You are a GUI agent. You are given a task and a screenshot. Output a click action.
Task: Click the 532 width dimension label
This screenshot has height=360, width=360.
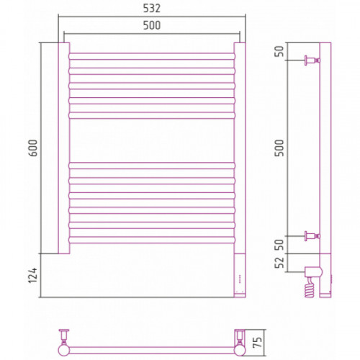point(152,9)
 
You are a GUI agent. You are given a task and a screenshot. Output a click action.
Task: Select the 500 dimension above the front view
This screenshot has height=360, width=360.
point(152,25)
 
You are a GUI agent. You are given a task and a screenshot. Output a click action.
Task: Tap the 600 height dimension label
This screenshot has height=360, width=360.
point(33,148)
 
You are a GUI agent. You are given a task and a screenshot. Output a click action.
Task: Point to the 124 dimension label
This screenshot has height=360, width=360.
point(33,275)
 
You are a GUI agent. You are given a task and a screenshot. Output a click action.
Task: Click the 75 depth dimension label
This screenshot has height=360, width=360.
point(257,343)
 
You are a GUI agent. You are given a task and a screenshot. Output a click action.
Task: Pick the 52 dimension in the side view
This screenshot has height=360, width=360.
point(279,263)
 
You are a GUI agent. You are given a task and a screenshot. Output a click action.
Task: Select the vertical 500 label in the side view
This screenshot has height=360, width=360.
point(279,148)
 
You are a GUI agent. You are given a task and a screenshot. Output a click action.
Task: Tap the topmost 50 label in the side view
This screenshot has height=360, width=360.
point(279,51)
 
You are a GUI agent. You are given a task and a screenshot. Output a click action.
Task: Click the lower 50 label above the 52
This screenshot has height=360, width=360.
point(279,245)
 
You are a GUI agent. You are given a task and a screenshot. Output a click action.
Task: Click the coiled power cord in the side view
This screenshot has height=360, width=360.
point(309,287)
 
